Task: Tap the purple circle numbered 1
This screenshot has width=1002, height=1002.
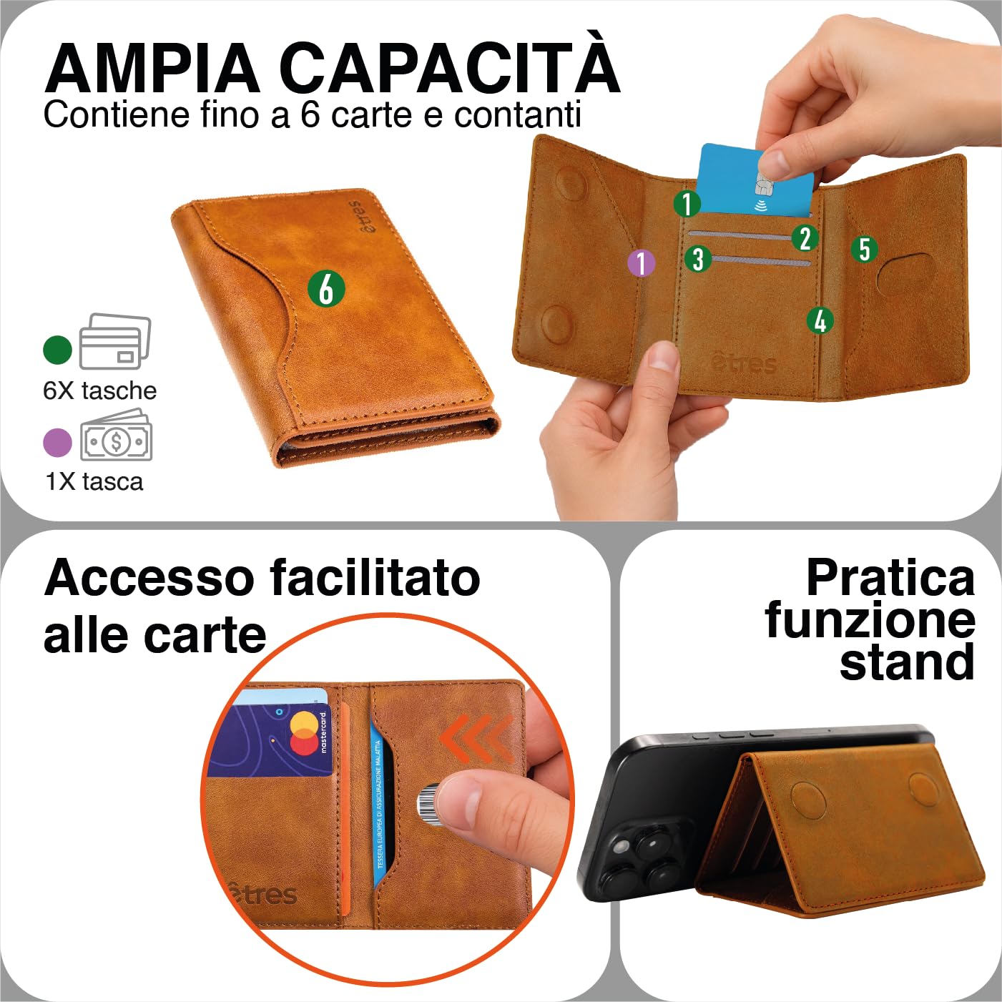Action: point(642,262)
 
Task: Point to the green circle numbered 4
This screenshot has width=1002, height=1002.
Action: point(820,320)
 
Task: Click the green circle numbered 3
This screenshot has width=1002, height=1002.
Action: point(698,258)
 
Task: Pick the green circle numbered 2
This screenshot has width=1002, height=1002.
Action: point(805,238)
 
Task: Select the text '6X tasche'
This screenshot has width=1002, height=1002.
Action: point(99,391)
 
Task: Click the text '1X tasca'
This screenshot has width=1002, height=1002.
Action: point(94,481)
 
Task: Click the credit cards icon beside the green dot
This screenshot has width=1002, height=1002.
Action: point(114,341)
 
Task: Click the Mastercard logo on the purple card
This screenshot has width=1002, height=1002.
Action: point(305,733)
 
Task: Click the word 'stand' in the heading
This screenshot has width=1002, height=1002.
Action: point(907,662)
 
